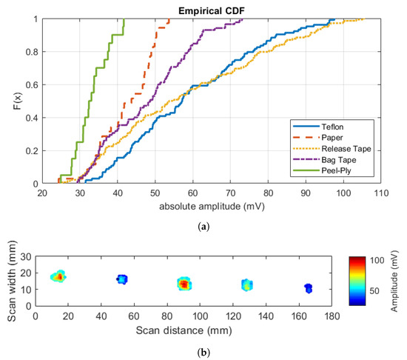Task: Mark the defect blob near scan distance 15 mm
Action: [x=58, y=276]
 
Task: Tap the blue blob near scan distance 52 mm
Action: [x=122, y=279]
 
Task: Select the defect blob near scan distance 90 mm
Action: [x=185, y=284]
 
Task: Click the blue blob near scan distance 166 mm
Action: [x=309, y=287]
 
